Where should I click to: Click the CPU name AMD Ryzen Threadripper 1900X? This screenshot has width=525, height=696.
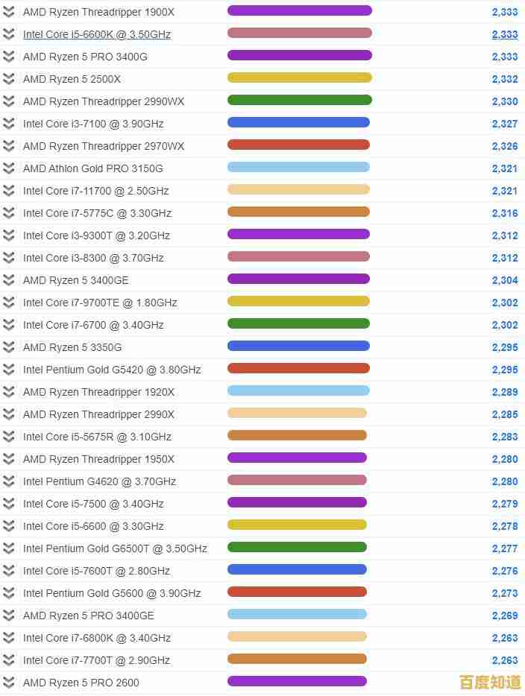pos(98,12)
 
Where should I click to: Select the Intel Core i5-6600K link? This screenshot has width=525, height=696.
pos(97,34)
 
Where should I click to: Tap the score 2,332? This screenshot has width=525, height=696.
pos(505,79)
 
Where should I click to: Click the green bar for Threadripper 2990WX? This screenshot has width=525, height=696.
pos(299,101)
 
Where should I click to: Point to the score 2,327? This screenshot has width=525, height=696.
pos(505,124)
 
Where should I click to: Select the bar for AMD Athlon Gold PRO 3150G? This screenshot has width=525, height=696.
pos(298,168)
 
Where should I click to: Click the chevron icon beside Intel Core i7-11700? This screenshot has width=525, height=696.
pos(9,191)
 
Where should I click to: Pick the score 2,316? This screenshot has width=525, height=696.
pos(505,213)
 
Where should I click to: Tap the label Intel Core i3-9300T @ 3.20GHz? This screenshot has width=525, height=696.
pos(96,235)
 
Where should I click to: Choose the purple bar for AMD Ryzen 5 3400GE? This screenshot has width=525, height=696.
pos(298,279)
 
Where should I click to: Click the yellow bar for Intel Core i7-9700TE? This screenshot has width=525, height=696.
pos(298,302)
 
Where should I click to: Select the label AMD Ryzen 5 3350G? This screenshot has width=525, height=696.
pos(72,347)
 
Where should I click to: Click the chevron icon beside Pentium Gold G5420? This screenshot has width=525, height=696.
pos(9,370)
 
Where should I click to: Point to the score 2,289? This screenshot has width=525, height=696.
pos(505,392)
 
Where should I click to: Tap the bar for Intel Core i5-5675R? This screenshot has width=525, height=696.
pos(297,436)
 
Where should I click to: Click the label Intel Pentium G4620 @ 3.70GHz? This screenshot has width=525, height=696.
pos(99,481)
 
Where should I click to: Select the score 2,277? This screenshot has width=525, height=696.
pos(505,548)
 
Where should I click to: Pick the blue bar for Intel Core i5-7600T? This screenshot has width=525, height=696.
pos(297,570)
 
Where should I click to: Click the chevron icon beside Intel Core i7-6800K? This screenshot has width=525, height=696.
pos(9,638)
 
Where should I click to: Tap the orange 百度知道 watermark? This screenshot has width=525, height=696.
pos(490,682)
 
